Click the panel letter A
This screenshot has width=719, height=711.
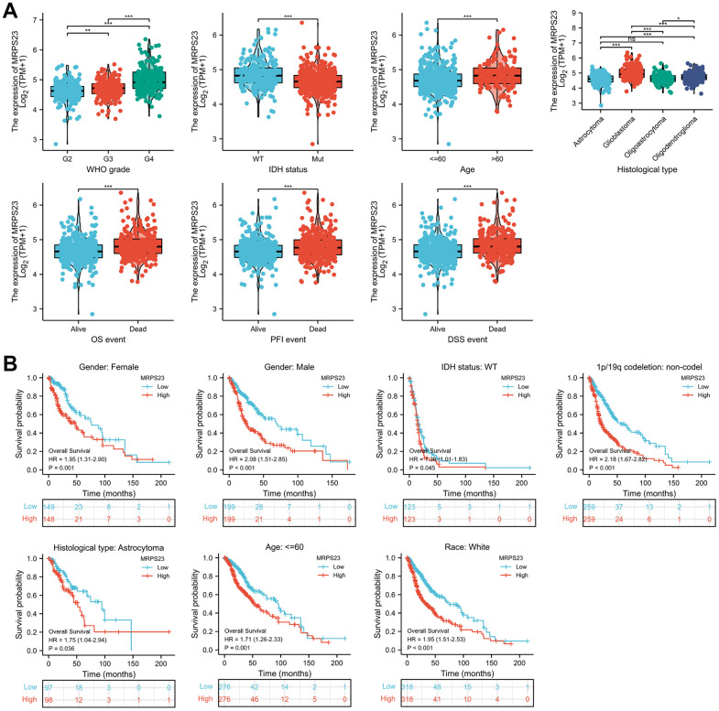coord(12,12)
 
